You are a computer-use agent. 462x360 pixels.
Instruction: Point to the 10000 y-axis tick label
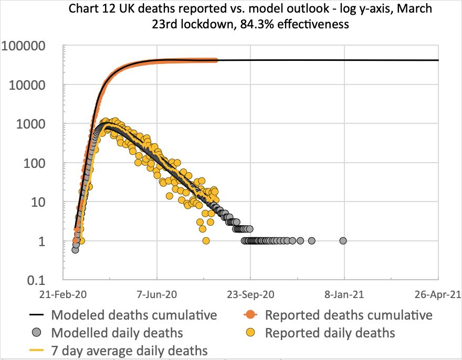33,85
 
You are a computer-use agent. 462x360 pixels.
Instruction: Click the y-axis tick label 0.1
45,280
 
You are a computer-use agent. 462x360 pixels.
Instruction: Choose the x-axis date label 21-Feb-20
63,295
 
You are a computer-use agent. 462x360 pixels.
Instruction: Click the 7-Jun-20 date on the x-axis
157,295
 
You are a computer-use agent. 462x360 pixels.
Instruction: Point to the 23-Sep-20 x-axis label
251,295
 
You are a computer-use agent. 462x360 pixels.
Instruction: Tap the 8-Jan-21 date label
345,295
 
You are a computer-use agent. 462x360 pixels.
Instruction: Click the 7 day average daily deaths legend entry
129,350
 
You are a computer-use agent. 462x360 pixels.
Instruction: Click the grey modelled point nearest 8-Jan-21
343,241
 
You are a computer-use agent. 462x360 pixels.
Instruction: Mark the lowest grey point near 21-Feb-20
75,250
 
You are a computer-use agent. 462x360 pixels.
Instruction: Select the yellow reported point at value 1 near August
206,241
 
